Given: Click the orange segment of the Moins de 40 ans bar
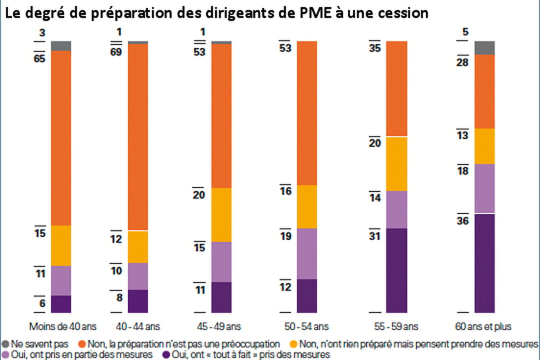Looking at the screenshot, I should click(x=61, y=137).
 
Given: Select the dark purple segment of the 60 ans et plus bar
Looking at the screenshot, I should click(x=484, y=262).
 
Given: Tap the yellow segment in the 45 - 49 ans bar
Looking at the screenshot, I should click(x=221, y=215).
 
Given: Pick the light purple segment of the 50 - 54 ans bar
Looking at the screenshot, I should click(x=307, y=253).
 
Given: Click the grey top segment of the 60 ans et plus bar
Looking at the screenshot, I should click(x=484, y=47).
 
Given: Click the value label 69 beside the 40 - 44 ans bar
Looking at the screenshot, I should click(x=116, y=52).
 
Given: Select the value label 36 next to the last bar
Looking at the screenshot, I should click(x=462, y=221).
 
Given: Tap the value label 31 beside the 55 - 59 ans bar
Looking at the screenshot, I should click(x=375, y=236).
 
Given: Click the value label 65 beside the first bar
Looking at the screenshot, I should click(x=39, y=58).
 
